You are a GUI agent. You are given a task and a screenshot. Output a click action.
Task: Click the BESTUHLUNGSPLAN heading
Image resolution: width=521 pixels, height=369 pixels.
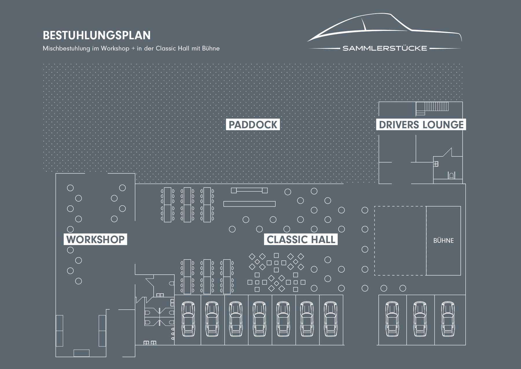97,35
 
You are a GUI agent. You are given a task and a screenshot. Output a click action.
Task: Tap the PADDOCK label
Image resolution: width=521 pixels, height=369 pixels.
253,125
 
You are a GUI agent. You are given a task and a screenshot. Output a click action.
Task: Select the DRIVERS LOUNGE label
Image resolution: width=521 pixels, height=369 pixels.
421,125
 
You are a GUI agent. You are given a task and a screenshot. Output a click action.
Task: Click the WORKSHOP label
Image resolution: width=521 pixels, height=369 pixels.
95,239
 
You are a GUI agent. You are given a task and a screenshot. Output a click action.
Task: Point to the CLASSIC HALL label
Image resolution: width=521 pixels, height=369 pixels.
301,239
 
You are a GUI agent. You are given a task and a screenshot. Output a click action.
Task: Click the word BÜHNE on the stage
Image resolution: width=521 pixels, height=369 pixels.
443,240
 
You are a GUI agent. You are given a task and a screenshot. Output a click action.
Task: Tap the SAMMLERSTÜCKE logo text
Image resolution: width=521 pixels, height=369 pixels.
385,48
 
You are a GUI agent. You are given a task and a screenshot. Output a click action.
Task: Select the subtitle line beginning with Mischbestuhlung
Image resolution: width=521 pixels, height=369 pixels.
131,48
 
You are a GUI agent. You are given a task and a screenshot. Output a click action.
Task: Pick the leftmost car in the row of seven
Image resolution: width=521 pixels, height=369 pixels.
188,319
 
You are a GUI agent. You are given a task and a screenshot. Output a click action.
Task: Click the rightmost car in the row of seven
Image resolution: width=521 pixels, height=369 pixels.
331,319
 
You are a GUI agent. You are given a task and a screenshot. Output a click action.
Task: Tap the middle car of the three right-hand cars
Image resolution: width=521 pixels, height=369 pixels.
420,319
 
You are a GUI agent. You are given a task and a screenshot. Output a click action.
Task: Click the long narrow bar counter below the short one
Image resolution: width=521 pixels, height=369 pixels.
249,204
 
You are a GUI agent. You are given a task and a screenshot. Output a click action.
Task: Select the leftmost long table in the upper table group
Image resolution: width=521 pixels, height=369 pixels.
168,205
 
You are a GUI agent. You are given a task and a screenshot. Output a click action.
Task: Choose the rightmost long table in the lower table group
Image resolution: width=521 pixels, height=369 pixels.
227,277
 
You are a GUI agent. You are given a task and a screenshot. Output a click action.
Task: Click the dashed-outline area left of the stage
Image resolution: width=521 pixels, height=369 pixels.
375,241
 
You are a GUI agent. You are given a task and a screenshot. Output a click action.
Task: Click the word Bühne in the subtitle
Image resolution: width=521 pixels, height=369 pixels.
211,48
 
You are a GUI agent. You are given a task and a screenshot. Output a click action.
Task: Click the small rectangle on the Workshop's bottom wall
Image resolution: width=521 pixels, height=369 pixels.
81,353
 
